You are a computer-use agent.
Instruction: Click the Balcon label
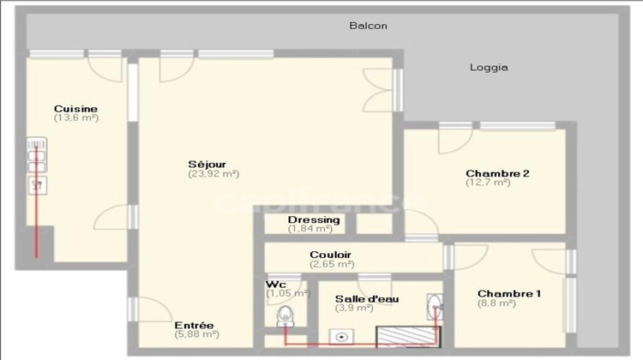tap(369, 26)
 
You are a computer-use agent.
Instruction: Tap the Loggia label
tap(490, 67)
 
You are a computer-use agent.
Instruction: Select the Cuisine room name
tap(75, 109)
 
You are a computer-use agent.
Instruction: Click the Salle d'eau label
tap(365, 298)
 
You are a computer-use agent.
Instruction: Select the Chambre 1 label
tap(509, 293)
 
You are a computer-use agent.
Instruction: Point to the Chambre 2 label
tap(497, 173)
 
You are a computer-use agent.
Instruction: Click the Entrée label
tap(194, 326)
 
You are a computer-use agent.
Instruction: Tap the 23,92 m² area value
tap(213, 173)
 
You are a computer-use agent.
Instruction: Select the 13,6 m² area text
tap(75, 118)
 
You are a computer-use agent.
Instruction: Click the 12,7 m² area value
tap(488, 183)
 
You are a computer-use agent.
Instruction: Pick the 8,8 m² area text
tap(496, 303)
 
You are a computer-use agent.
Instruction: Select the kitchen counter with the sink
tap(37, 168)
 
